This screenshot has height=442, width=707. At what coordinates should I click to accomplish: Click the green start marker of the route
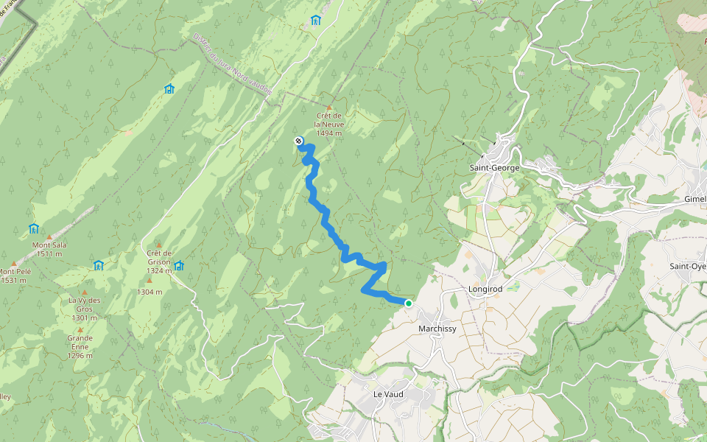[408, 303]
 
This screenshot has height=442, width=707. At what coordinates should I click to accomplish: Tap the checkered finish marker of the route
[298, 141]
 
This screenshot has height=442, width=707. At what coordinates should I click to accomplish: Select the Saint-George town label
[494, 168]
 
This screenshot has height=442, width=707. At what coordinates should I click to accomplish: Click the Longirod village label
[485, 290]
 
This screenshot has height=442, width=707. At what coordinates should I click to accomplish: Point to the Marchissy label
[438, 329]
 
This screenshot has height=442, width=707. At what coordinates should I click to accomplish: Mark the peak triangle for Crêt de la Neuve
[329, 108]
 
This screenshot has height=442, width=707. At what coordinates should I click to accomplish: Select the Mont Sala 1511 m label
[49, 249]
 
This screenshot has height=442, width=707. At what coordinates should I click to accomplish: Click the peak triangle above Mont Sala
[50, 236]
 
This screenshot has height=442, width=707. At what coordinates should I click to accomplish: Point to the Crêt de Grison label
[158, 262]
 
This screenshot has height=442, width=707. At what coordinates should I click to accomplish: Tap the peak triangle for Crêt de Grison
[158, 245]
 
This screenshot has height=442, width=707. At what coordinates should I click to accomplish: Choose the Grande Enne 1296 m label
[80, 347]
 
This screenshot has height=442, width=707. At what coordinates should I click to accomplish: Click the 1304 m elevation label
[150, 292]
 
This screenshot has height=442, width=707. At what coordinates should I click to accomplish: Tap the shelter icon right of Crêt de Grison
[178, 266]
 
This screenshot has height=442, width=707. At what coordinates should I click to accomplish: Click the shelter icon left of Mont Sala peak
[33, 229]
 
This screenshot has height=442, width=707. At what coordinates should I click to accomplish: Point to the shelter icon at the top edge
[316, 20]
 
